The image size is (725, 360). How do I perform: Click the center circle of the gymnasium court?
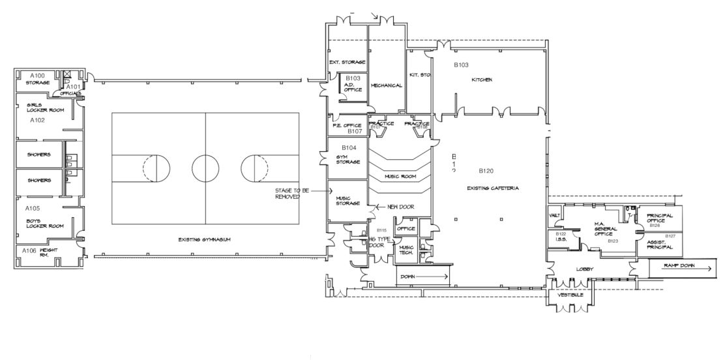point(205,168)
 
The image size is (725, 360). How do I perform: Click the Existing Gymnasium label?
point(205,239)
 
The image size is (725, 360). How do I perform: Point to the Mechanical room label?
point(387,85)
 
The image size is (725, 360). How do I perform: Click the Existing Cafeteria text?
point(493,188)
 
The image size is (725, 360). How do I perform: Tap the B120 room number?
point(486,172)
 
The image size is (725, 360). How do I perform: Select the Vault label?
point(555,215)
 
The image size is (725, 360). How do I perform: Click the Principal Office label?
point(660,218)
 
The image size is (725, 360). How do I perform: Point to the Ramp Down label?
point(679,266)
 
